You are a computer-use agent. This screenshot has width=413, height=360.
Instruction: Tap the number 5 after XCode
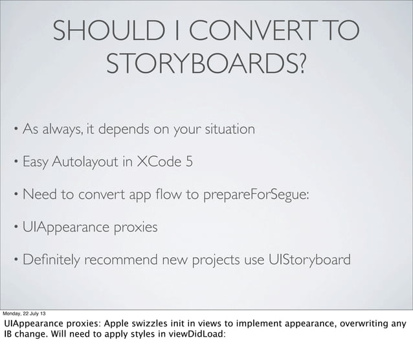[188, 161]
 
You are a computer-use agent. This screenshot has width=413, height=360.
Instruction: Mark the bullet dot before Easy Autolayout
[15, 161]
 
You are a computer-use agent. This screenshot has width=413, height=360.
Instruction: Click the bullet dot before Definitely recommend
[15, 260]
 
